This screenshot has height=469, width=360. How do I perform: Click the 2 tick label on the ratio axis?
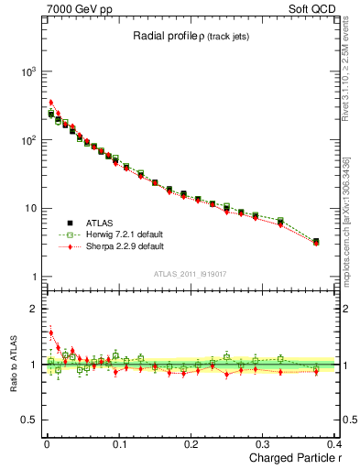[x=31, y=309]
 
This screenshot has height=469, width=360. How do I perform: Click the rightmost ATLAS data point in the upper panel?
[x=316, y=242]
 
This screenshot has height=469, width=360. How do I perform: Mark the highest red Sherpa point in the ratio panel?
[x=51, y=333]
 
